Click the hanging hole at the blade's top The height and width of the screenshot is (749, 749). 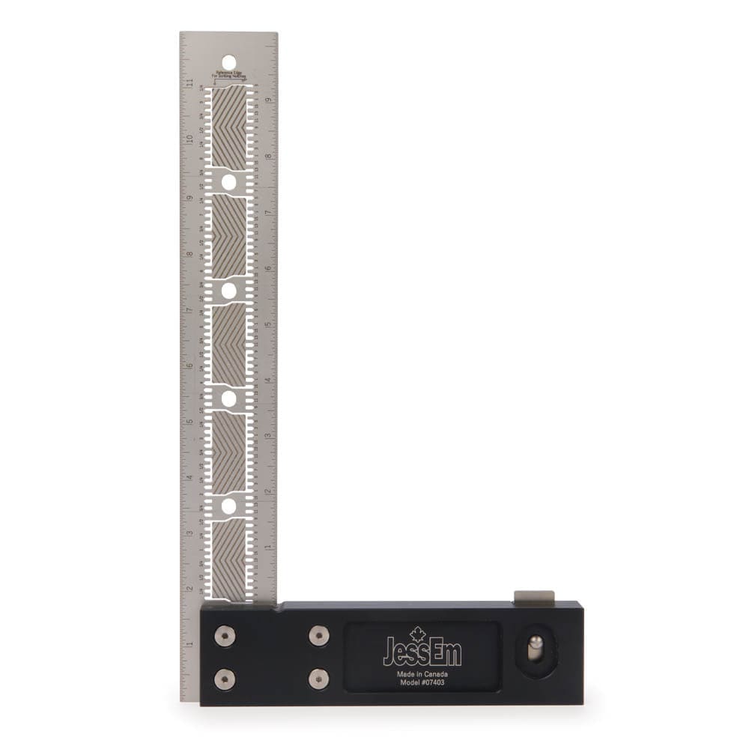tap(228, 61)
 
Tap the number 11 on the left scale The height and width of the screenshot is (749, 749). tap(190, 82)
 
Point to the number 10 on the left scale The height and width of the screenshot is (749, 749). tap(190, 139)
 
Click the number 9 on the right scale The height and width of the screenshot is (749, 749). tap(267, 99)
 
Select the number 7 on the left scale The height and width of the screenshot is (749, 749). tap(190, 309)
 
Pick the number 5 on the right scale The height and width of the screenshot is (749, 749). tap(267, 324)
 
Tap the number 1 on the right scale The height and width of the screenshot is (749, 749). tap(267, 548)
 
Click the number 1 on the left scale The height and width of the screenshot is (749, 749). tap(190, 645)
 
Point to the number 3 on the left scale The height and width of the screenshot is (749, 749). tap(190, 533)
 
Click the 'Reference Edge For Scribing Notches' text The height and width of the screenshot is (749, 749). tap(231, 76)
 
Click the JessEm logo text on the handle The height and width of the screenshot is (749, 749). tap(422, 651)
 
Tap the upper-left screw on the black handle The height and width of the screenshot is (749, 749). tap(225, 636)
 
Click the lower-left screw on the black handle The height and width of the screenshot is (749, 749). tap(225, 679)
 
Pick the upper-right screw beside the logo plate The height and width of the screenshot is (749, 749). tap(319, 636)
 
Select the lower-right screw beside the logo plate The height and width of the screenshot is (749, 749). tap(319, 679)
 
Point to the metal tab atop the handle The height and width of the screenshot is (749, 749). tap(534, 596)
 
